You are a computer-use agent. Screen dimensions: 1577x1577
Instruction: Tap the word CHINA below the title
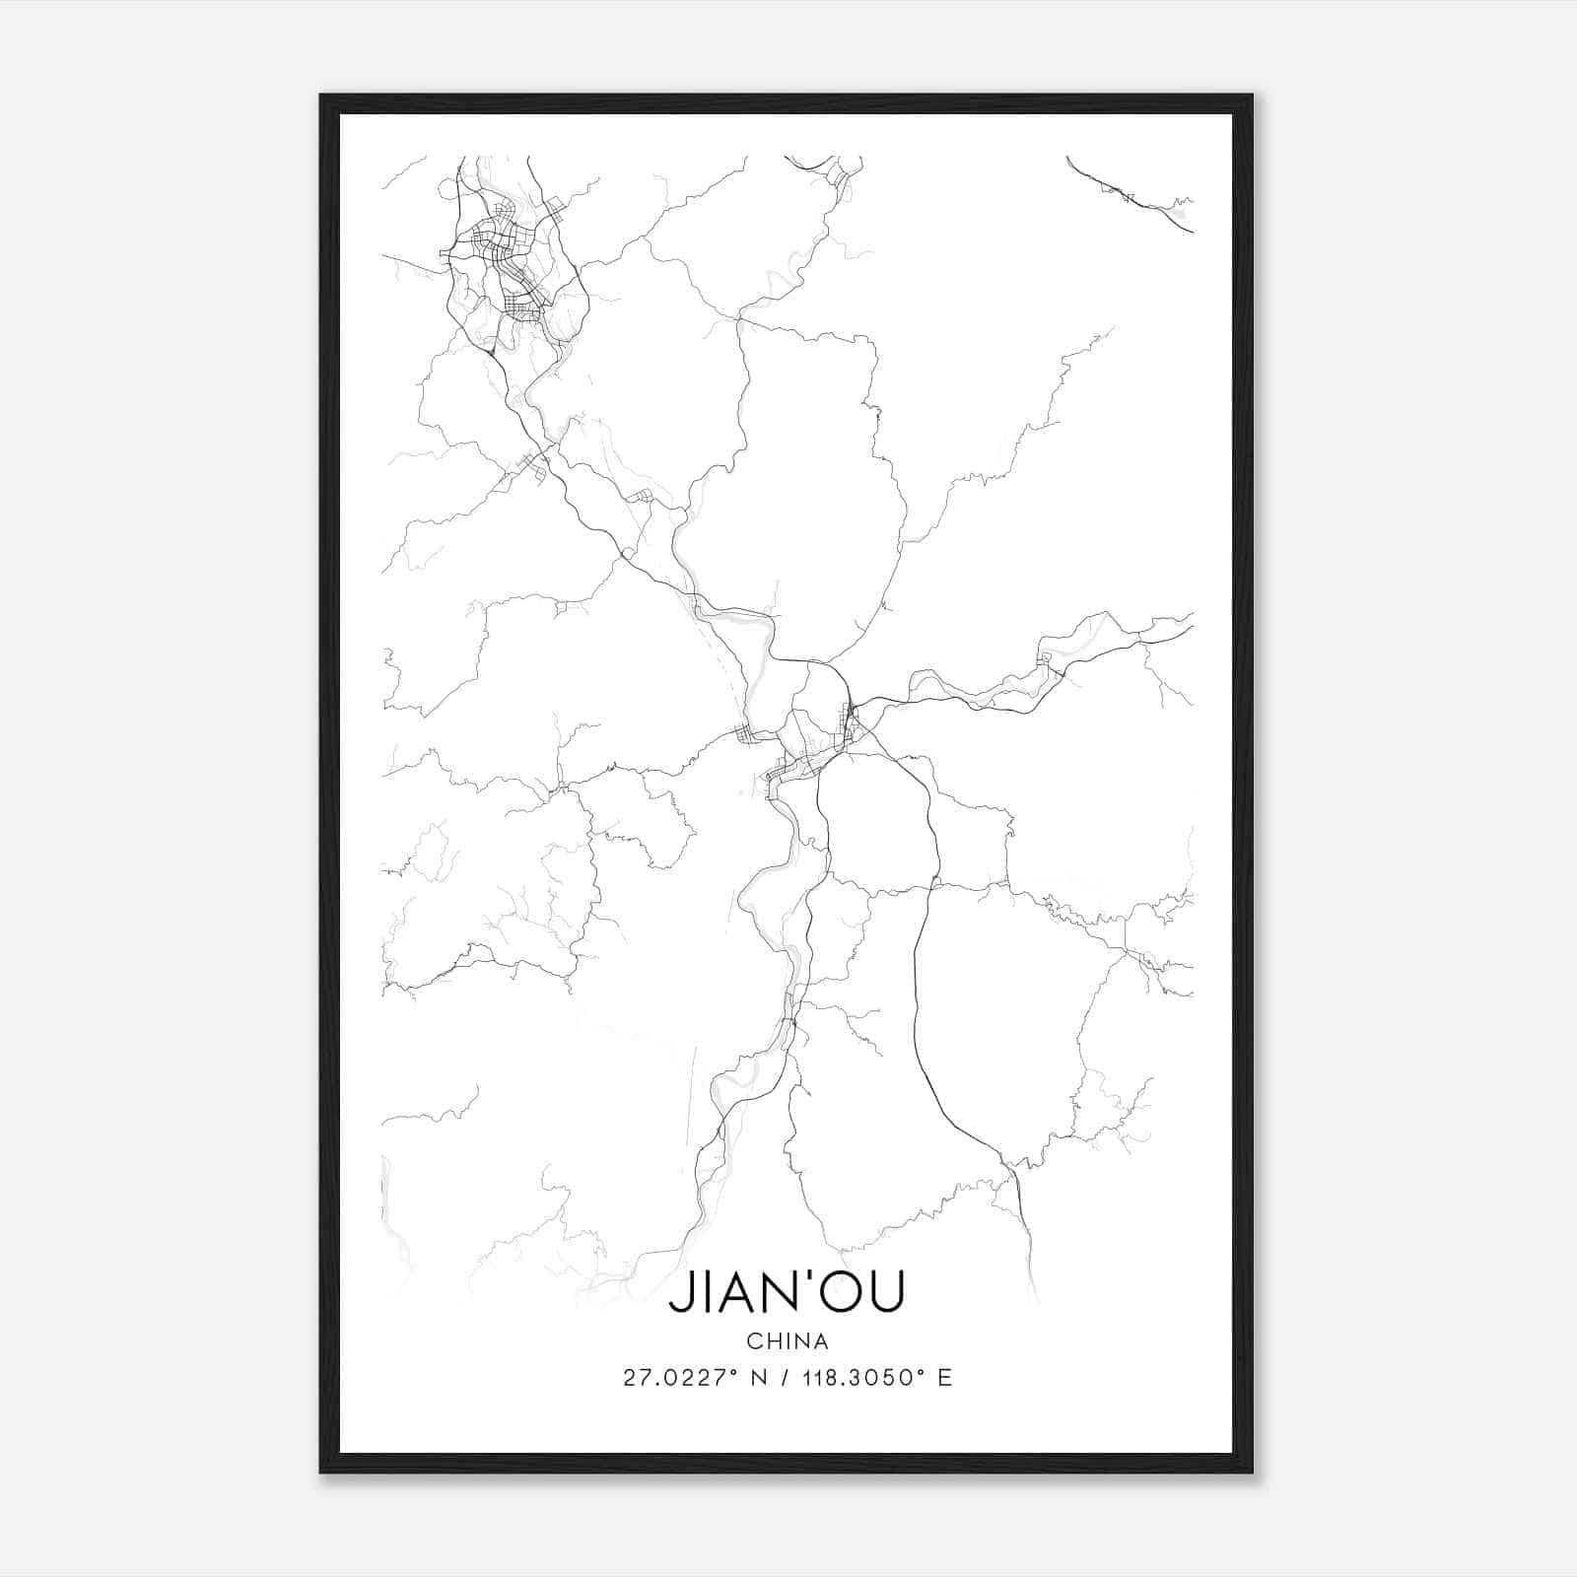click(787, 1341)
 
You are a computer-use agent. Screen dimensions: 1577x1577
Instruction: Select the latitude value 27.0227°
click(681, 1378)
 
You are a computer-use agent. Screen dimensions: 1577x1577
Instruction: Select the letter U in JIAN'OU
click(884, 1293)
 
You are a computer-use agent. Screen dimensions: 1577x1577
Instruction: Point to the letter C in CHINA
click(754, 1341)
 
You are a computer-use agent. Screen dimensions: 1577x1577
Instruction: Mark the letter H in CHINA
click(772, 1341)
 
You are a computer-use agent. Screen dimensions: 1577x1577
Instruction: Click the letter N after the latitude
click(759, 1378)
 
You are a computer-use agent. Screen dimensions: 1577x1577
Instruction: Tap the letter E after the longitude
click(944, 1378)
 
